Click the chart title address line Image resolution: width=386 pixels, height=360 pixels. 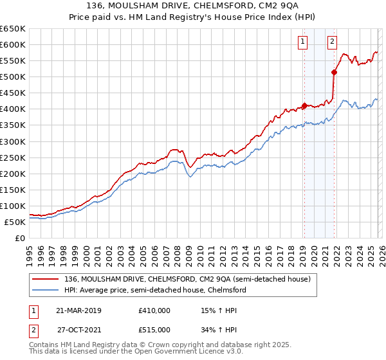(x=192, y=6)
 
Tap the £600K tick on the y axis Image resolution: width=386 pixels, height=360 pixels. (x=13, y=44)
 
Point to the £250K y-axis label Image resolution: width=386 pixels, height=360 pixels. (x=13, y=157)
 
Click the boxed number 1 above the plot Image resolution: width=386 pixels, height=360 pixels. (x=302, y=42)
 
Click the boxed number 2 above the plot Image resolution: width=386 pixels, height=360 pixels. (x=332, y=42)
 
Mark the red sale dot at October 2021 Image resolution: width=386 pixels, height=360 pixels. (x=334, y=72)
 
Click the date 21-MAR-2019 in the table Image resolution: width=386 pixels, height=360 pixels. (x=79, y=310)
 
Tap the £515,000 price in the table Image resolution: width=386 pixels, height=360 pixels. (x=154, y=329)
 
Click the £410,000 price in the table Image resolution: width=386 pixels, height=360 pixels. (x=154, y=310)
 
